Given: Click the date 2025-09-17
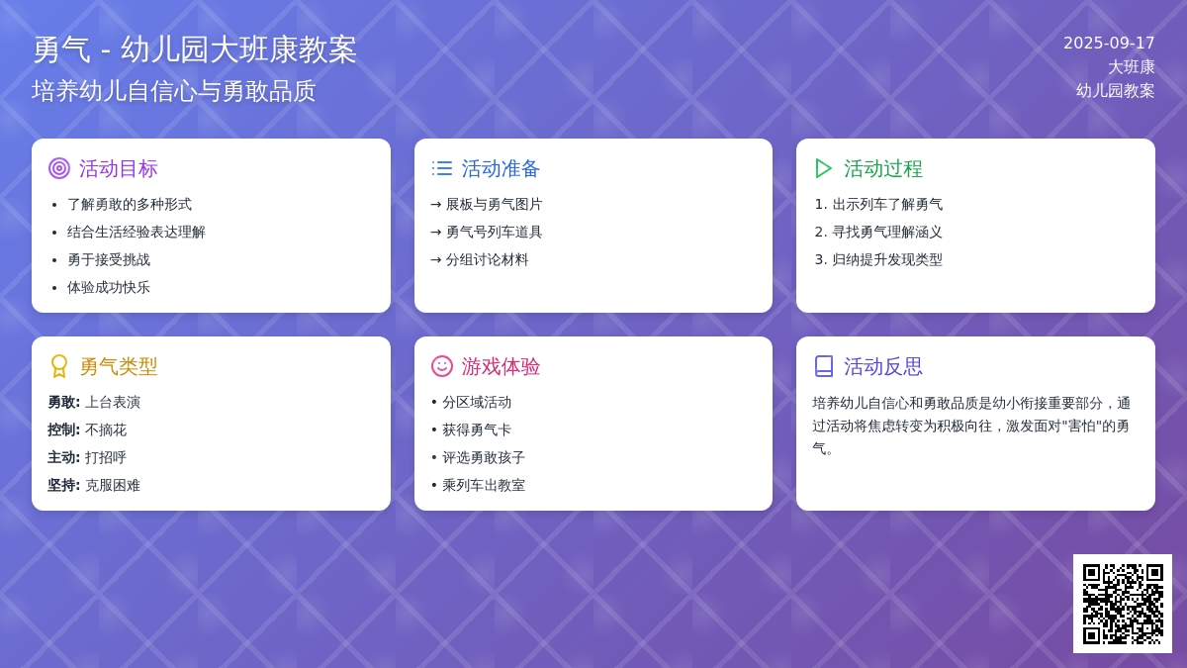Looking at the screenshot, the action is tap(1109, 43).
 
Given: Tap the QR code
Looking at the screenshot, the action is tap(1123, 604).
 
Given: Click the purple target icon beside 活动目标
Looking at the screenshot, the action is tap(59, 168).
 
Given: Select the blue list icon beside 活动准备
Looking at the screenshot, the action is tap(442, 168).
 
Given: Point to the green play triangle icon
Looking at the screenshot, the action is tap(823, 168).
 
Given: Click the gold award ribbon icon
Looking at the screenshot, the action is tap(59, 366).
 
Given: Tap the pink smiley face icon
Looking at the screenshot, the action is tap(442, 366).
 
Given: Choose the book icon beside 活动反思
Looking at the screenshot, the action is tap(823, 366).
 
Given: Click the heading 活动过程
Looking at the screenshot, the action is tap(882, 168).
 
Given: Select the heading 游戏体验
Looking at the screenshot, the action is tap(501, 366).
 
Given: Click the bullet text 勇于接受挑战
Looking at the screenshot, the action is tap(109, 259).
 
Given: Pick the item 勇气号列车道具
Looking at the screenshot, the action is tap(494, 233).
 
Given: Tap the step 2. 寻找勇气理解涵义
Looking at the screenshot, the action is tap(878, 233).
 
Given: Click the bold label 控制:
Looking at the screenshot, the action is tap(63, 429).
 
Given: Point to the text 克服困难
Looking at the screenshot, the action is tap(113, 485).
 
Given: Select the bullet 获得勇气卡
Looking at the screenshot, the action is tap(477, 429).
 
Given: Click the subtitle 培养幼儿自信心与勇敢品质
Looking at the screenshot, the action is tap(174, 91).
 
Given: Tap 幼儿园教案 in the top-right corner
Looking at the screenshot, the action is tap(1115, 91).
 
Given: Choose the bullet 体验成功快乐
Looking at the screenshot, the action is tap(109, 287).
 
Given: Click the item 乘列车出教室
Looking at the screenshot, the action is tap(484, 485).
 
